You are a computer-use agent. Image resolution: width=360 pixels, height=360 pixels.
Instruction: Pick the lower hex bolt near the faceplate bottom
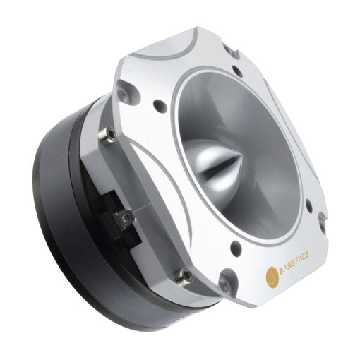(186, 275)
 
